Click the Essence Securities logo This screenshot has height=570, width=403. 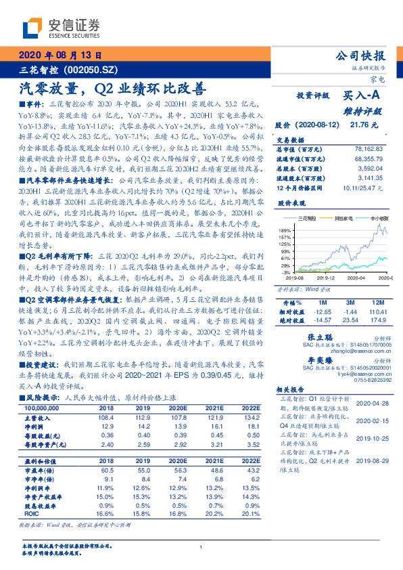(x=53, y=27)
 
